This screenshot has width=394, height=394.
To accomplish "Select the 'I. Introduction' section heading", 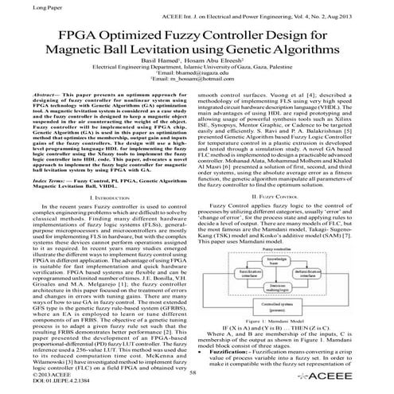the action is (103, 195).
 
